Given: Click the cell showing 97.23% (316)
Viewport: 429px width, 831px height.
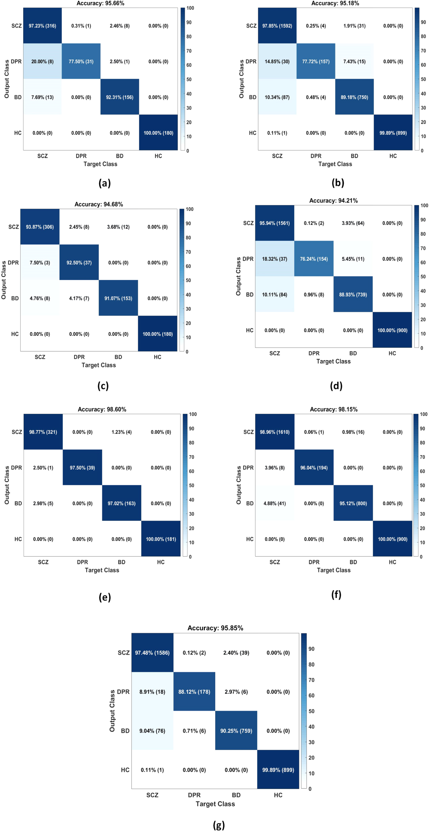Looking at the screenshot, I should click(43, 26).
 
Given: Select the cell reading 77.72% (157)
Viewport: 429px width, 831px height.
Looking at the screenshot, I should click(316, 62).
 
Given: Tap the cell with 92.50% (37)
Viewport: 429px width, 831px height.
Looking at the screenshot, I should click(79, 262).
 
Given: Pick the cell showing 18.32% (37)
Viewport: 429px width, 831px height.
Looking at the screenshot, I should click(275, 259).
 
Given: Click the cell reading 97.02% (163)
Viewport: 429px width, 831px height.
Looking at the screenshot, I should click(122, 503).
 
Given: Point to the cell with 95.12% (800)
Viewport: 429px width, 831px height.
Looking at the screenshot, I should click(353, 503).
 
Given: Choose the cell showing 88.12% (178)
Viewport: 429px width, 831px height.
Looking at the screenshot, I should click(194, 692).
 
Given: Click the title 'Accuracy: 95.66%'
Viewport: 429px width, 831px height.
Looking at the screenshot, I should click(100, 3).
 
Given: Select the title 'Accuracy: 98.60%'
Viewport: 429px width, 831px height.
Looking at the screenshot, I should click(102, 409).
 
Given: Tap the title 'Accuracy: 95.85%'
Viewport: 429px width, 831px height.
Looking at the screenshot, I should click(215, 628).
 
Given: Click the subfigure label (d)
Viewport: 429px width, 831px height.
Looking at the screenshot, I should click(336, 386).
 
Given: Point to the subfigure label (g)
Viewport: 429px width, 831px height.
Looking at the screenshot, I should click(219, 825).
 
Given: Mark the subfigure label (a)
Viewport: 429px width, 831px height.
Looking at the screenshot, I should click(104, 183).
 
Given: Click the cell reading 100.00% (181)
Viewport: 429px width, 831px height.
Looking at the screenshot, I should click(161, 539).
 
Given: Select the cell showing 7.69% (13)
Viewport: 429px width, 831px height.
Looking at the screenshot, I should click(43, 97).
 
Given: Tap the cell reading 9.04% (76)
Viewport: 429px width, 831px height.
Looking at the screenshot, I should click(152, 731).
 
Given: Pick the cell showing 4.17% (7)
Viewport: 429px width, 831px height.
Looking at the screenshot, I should click(79, 298).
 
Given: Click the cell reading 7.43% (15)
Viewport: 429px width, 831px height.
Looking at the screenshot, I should click(354, 62).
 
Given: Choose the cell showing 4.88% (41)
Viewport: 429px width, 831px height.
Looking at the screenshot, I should click(275, 503).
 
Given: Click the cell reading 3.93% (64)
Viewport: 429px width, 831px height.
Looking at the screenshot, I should click(353, 223).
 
